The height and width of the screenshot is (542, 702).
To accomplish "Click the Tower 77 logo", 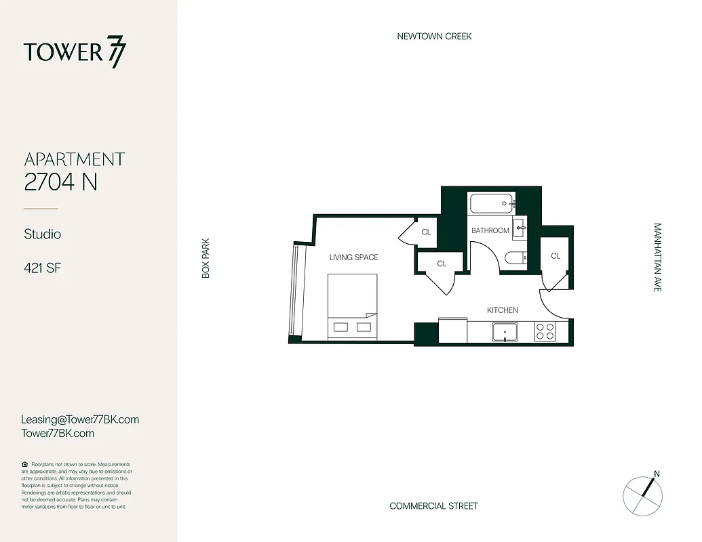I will tap(75, 53).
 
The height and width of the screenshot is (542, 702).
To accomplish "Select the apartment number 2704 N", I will tap(61, 182).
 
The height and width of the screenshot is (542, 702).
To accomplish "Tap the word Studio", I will tap(43, 234).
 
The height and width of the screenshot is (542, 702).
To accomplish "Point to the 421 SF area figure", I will tap(43, 268).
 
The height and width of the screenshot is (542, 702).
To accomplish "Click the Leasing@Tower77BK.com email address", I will tap(80, 419).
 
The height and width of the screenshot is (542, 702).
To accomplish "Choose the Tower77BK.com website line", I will tap(58, 433).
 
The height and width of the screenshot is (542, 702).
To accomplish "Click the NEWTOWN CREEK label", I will tap(434, 36).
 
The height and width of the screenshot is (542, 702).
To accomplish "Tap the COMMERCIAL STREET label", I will tap(433, 505).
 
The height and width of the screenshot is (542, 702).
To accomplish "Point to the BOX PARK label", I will tap(206, 257).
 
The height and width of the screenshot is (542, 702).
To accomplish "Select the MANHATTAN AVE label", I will tap(657, 257).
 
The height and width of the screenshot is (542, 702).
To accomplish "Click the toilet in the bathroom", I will tap(513, 257).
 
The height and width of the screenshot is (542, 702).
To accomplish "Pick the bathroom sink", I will tap(519, 226).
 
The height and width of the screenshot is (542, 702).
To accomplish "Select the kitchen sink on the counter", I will tap(505, 331).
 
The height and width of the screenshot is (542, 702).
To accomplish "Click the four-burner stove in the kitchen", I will tap(545, 331).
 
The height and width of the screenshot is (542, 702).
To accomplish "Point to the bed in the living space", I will tap(353, 306).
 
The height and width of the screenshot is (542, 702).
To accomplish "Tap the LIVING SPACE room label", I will tap(353, 257).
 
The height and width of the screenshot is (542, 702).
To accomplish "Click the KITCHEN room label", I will tap(503, 310).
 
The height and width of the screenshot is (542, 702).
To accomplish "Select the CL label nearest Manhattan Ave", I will tap(555, 255).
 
